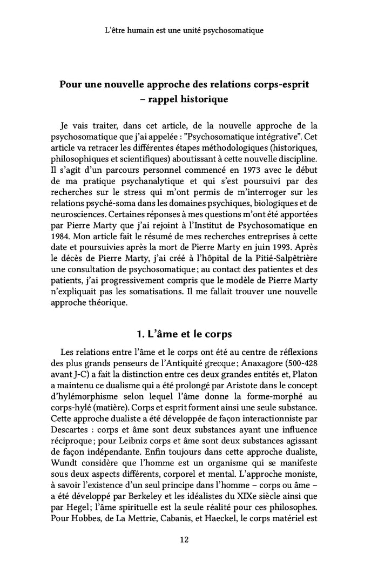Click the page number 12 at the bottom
click(184, 539)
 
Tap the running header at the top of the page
click(184, 30)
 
